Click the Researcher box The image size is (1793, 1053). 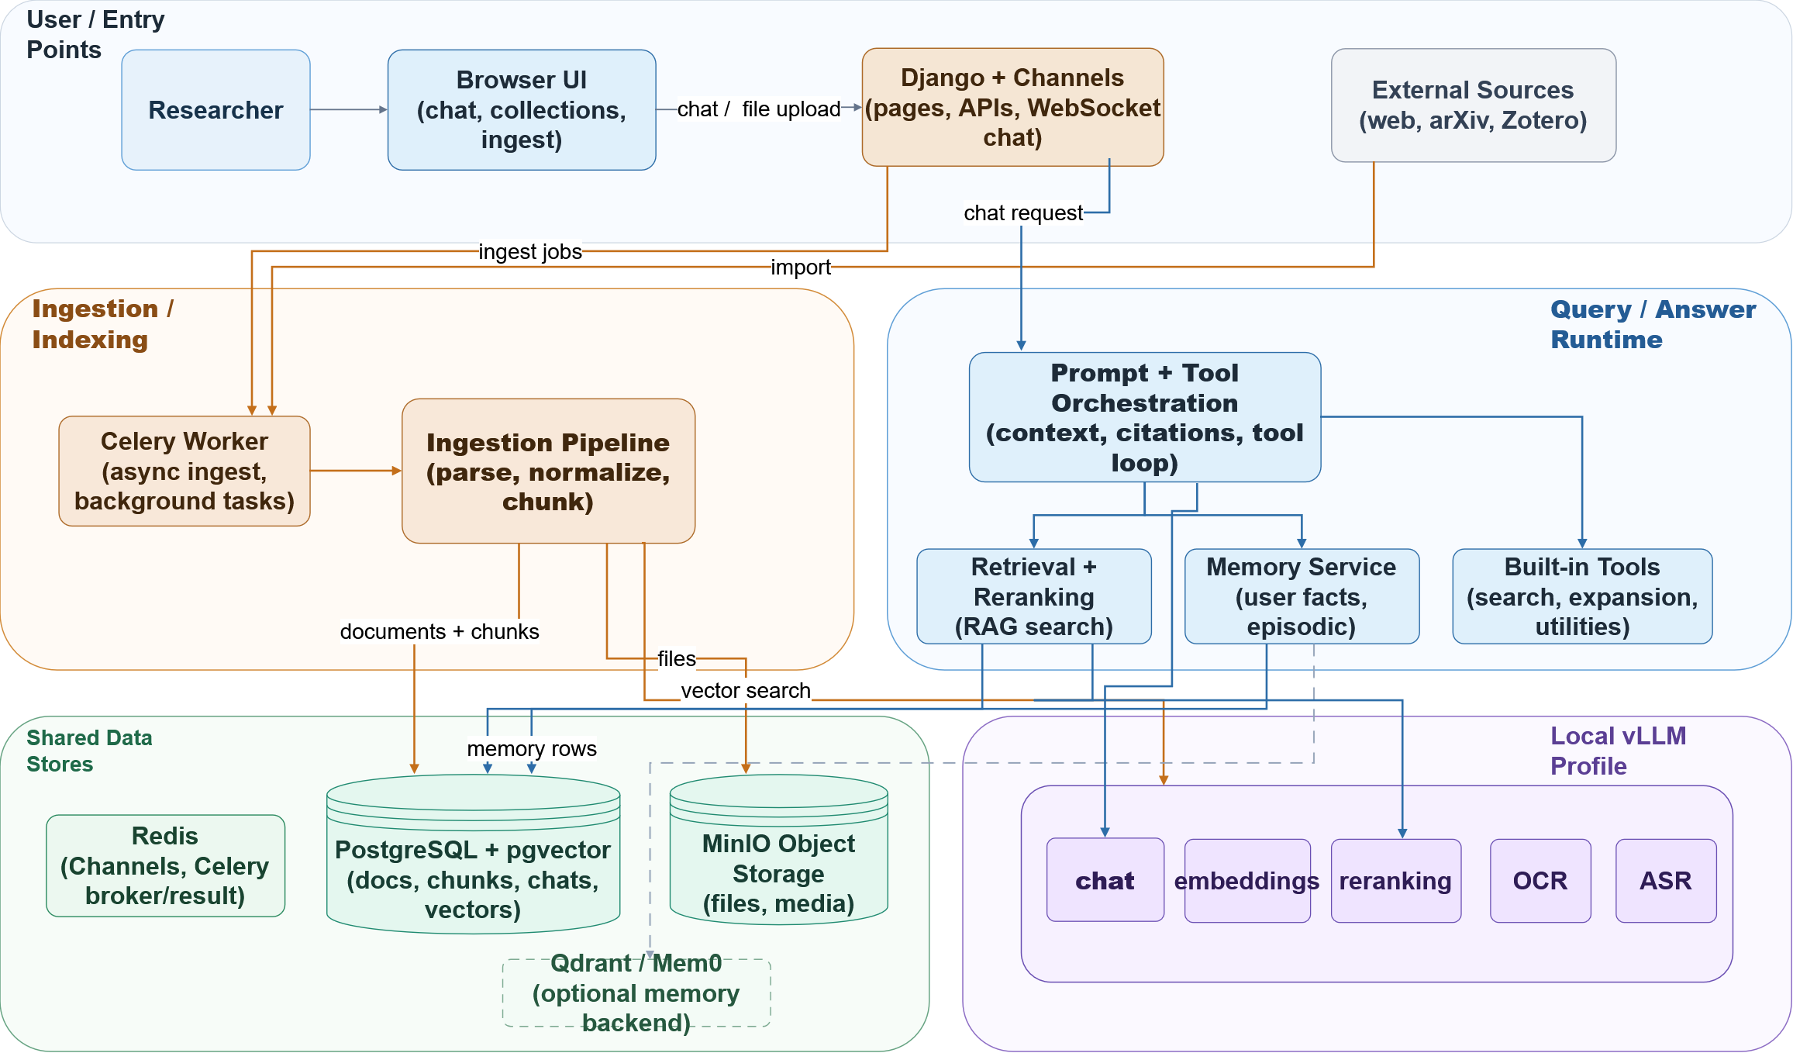pyautogui.click(x=216, y=110)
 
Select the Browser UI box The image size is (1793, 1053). pyautogui.click(x=521, y=110)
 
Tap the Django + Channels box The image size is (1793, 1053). pyautogui.click(x=1012, y=107)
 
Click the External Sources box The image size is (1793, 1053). pyautogui.click(x=1473, y=105)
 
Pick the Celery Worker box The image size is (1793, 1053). pyautogui.click(x=184, y=471)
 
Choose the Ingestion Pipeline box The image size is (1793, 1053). pyautogui.click(x=548, y=471)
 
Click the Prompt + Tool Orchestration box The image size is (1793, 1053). pyautogui.click(x=1144, y=417)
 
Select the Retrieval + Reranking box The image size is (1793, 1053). pyautogui.click(x=1033, y=596)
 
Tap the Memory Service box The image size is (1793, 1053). pyautogui.click(x=1301, y=596)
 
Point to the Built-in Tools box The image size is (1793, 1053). pyautogui.click(x=1581, y=596)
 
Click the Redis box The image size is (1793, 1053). pyautogui.click(x=165, y=865)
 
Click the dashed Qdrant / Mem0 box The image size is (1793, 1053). pyautogui.click(x=636, y=993)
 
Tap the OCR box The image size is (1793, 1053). pyautogui.click(x=1540, y=881)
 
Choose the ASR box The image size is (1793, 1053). pyautogui.click(x=1665, y=881)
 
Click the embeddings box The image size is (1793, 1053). pyautogui.click(x=1246, y=881)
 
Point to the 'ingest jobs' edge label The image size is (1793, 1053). pyautogui.click(x=529, y=252)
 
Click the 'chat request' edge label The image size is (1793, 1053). pyautogui.click(x=1022, y=213)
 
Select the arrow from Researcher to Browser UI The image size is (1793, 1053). pyautogui.click(x=349, y=110)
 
